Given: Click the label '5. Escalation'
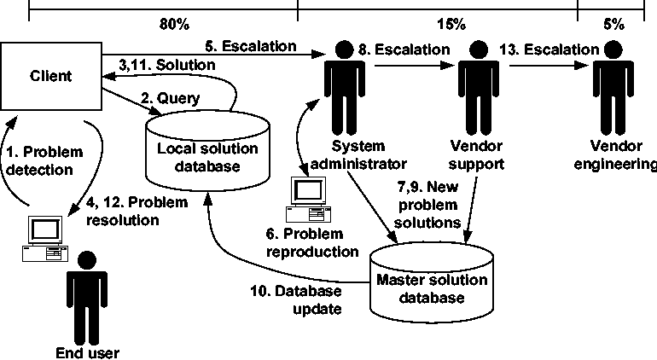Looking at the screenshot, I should pos(252,44).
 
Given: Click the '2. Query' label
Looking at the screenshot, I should pos(171,98).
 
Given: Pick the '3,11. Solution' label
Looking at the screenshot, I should pos(166,64).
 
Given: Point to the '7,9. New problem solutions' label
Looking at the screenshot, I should pos(428,204).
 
